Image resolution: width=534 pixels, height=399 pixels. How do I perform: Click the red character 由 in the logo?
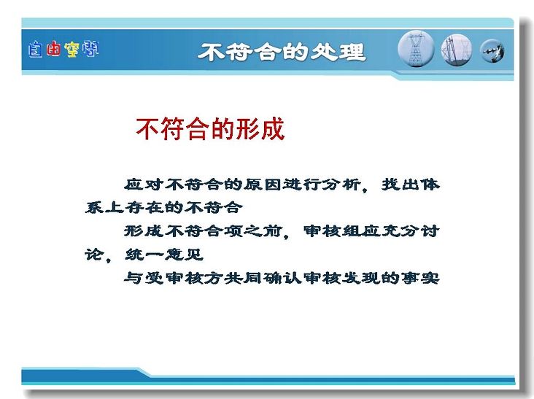(53, 49)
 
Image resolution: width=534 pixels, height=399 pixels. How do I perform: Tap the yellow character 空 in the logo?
(71, 49)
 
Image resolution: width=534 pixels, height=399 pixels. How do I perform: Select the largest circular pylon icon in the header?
(416, 49)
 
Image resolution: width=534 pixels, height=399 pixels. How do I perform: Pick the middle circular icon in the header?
(457, 50)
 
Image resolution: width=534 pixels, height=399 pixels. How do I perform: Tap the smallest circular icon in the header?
(492, 51)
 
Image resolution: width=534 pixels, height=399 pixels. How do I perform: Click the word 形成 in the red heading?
(260, 128)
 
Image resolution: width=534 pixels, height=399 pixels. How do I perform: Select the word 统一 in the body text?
(144, 255)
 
